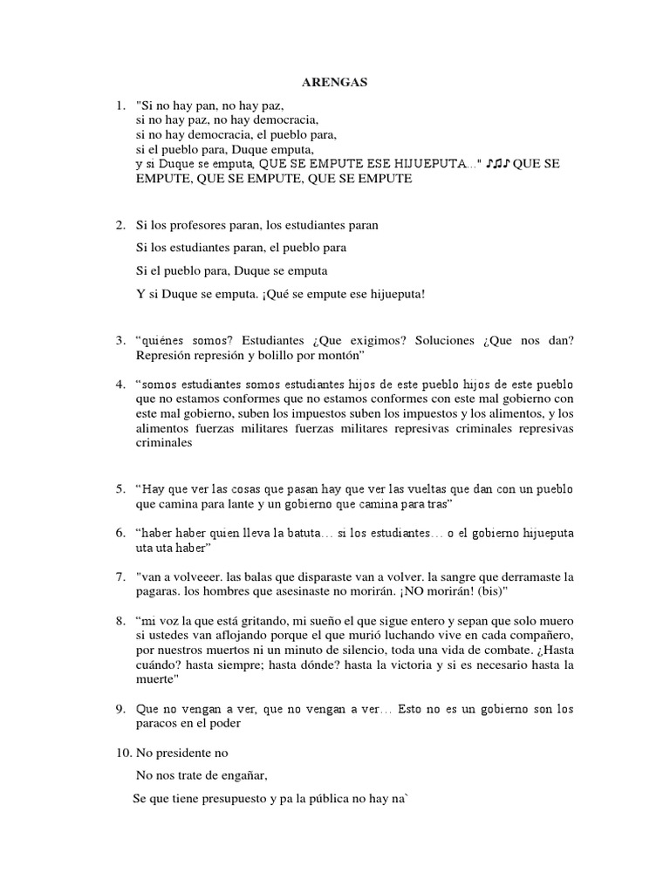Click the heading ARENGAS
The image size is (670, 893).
pyautogui.click(x=335, y=82)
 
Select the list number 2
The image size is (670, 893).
pyautogui.click(x=120, y=225)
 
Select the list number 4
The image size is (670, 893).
pyautogui.click(x=120, y=385)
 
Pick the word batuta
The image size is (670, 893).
pyautogui.click(x=304, y=532)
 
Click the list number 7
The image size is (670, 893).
pyautogui.click(x=120, y=577)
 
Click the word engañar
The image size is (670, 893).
pyautogui.click(x=236, y=774)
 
